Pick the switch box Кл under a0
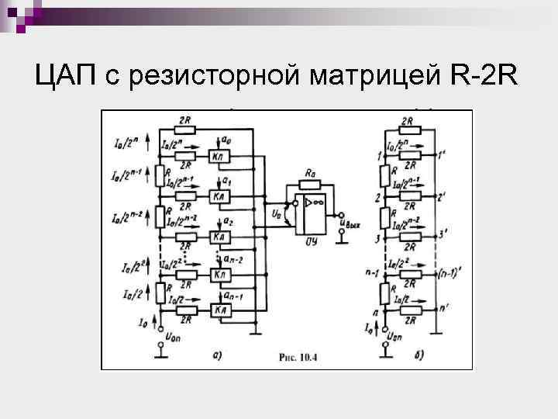(x=221, y=156)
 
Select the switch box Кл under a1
(x=221, y=197)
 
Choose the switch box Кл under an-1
(x=221, y=310)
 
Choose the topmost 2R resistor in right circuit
(x=408, y=130)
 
